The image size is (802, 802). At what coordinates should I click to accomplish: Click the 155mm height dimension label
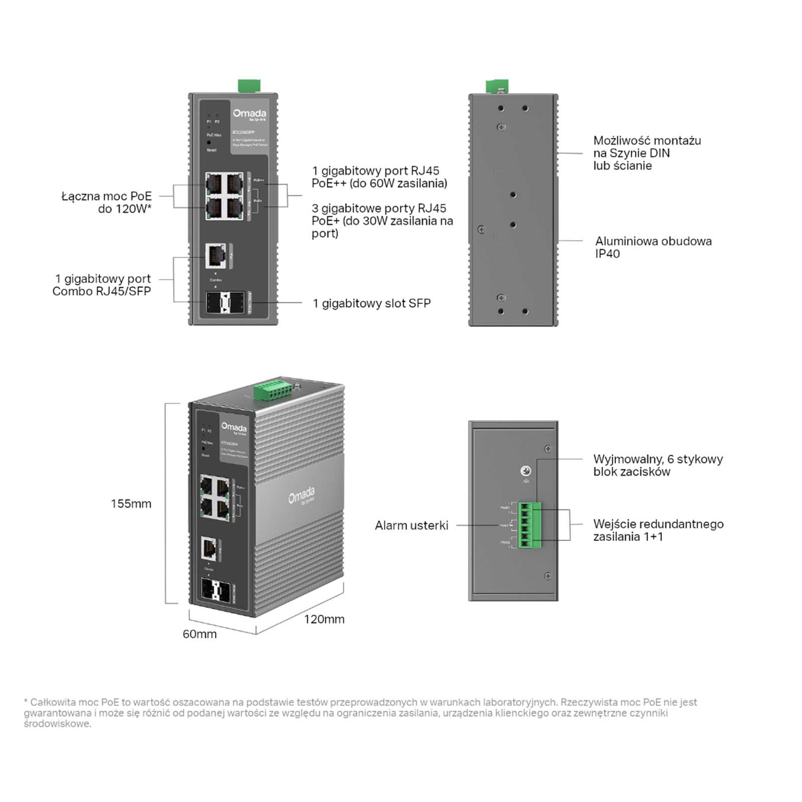click(x=131, y=504)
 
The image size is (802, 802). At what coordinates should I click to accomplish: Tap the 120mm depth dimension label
click(x=324, y=620)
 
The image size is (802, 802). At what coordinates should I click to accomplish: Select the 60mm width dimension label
click(x=199, y=634)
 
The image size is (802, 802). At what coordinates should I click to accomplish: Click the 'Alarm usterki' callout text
click(x=411, y=525)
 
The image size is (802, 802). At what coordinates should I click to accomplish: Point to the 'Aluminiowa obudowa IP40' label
click(x=653, y=247)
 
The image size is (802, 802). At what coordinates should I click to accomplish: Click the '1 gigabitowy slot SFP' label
click(x=371, y=303)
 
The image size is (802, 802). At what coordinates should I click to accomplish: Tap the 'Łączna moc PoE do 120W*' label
click(x=106, y=203)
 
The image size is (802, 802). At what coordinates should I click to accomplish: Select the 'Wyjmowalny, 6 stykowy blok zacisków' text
click(x=658, y=465)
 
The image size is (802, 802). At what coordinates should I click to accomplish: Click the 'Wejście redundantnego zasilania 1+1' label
click(x=658, y=530)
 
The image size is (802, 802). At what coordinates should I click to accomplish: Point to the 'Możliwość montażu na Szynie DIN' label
click(x=647, y=153)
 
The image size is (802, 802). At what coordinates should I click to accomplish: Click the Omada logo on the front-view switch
click(x=249, y=114)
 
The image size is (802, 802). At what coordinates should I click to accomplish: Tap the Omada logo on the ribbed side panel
click(x=302, y=495)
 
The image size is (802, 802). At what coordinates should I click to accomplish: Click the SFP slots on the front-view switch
click(x=225, y=302)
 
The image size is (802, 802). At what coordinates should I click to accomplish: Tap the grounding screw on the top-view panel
click(x=526, y=471)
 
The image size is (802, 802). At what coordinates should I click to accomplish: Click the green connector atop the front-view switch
click(x=249, y=86)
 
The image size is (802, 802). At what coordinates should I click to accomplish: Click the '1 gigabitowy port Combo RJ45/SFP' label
click(x=102, y=285)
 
